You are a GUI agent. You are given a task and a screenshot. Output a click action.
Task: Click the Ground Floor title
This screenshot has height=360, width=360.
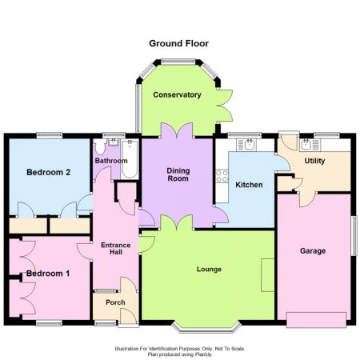coord(178,43)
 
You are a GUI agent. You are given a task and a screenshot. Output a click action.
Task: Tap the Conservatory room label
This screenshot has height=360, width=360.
coord(177,95)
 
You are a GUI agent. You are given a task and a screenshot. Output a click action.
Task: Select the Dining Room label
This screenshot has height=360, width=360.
coord(178,174)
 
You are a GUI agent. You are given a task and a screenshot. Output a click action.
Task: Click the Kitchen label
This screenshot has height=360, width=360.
coord(249,185)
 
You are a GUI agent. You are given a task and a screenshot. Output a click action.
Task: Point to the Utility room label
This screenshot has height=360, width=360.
coord(314,161)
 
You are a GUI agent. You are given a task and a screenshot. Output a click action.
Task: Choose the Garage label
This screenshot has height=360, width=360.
coord(313,251)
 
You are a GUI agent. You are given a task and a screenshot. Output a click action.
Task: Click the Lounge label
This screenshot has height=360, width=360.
coord(209,270)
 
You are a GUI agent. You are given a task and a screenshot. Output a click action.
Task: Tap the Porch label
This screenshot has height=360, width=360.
coord(115,302)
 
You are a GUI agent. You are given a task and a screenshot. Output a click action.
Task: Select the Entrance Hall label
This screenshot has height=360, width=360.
coord(116,249)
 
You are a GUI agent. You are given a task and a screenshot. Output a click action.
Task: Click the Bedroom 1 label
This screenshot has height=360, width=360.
coord(48,274)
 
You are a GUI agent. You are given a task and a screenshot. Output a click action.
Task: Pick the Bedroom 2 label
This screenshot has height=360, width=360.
coord(49,172)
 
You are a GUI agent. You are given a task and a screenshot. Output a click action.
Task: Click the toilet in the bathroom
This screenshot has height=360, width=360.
coord(100,146)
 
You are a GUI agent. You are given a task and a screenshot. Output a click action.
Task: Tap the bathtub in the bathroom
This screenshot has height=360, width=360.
coord(130,159)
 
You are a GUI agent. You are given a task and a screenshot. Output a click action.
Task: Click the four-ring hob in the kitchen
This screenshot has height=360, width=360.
coord(222,176)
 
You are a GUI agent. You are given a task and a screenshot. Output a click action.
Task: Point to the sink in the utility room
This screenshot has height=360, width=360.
coord(310,145)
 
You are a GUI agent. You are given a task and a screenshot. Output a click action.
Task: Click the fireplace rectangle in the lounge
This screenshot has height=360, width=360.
coord(268,275)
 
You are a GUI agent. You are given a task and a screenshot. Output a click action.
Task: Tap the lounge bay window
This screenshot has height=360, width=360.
coord(206,329)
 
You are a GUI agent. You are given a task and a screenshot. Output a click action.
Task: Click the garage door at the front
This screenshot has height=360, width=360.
coord(317,320)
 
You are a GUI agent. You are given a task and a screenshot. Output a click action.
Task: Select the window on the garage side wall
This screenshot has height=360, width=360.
coord(354,236)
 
